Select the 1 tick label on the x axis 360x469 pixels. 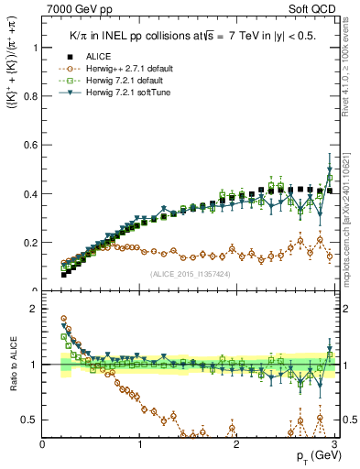(x=140, y=444)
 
